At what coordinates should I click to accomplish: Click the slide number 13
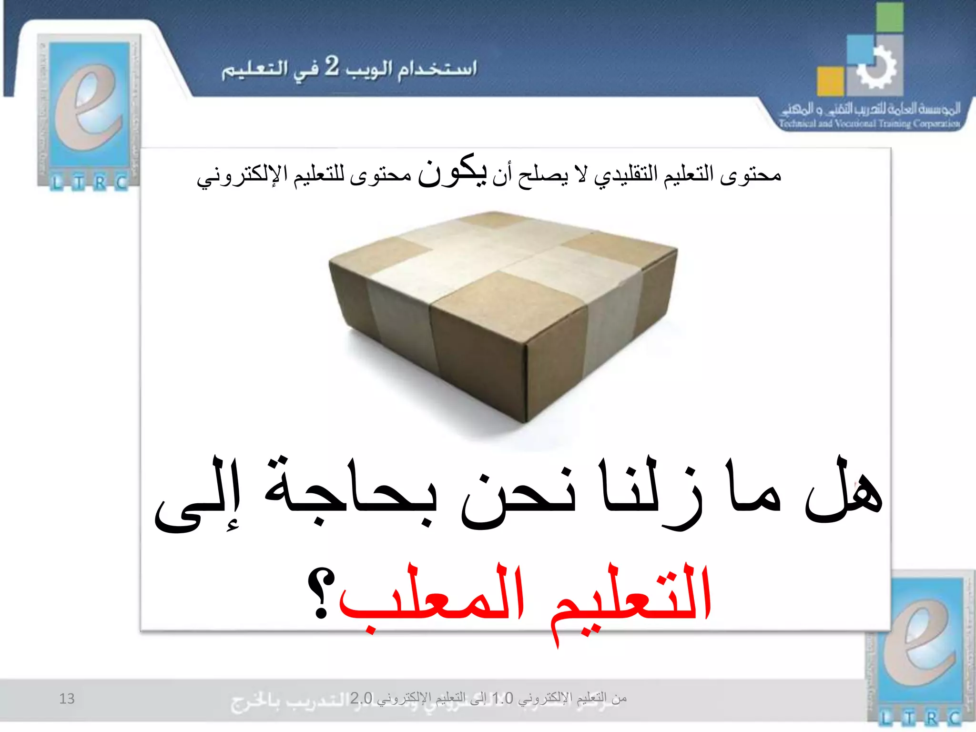[67, 699]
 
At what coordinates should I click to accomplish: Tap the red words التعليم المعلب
[524, 596]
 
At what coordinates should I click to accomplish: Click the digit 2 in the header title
[332, 67]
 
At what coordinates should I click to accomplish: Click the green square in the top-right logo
[889, 18]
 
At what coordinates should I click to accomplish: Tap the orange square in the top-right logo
[830, 81]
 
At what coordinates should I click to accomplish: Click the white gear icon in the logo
[876, 68]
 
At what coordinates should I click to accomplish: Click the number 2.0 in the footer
[361, 699]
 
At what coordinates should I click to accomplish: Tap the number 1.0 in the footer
[502, 699]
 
